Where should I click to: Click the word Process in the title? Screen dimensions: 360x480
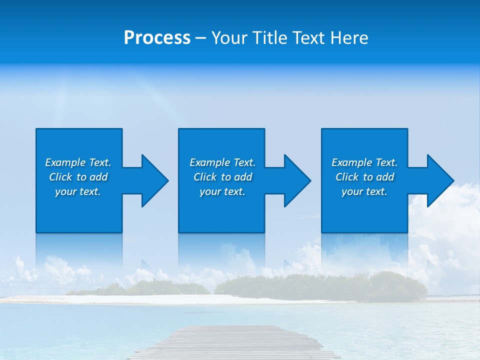pos(157,38)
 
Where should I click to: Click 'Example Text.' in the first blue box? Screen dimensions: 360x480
pos(78,162)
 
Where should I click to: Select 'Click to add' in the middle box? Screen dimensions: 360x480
pos(222,177)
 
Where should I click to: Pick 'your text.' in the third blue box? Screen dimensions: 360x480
pos(364,191)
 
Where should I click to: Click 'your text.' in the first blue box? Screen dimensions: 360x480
pos(78,191)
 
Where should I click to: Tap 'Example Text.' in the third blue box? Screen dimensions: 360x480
pos(364,162)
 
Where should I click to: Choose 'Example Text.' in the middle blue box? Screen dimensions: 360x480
pos(222,162)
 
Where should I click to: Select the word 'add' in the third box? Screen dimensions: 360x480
pos(385,177)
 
